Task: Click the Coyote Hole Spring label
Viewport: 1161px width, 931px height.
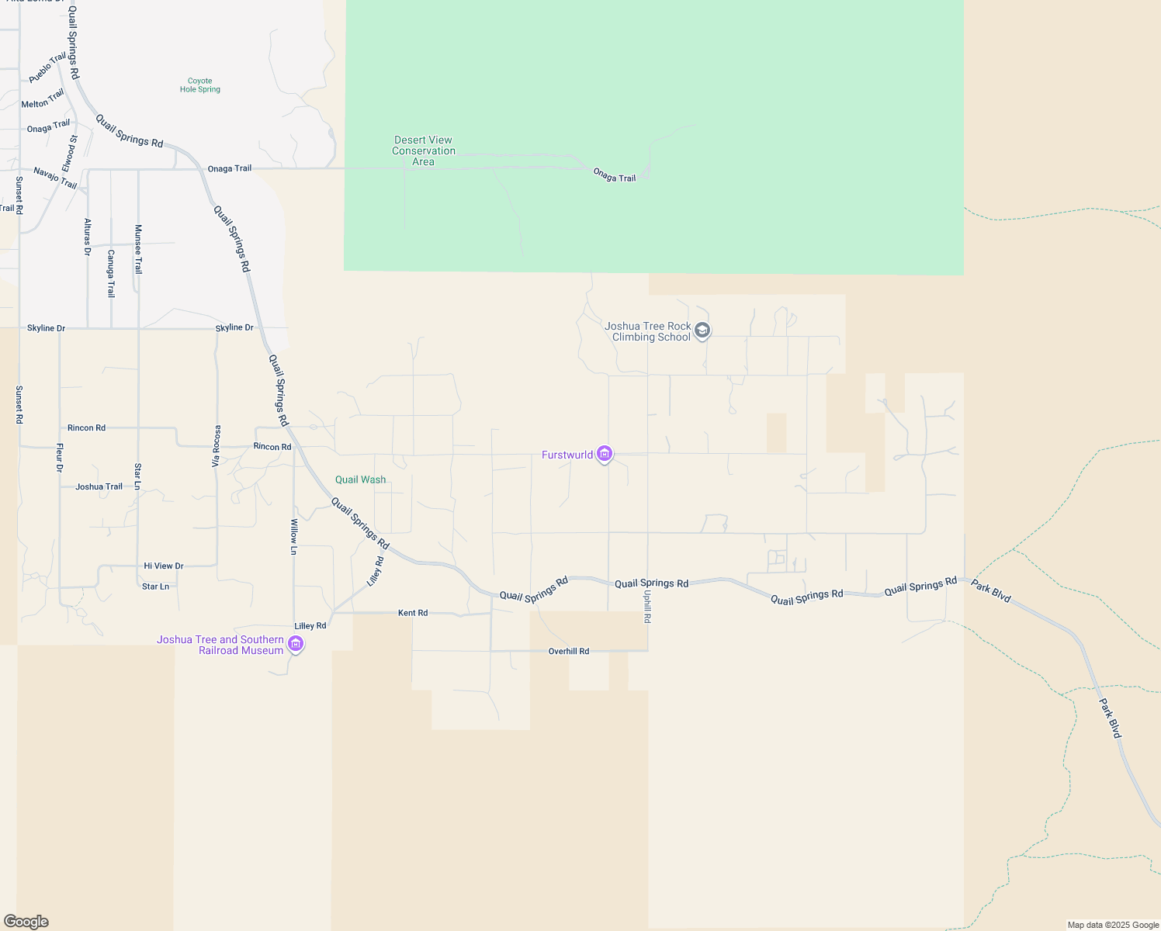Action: pyautogui.click(x=199, y=85)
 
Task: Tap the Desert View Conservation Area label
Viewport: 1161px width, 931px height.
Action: pyautogui.click(x=423, y=151)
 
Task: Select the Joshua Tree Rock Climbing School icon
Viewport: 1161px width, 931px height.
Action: pyautogui.click(x=702, y=331)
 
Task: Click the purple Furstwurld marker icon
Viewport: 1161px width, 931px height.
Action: pyautogui.click(x=605, y=454)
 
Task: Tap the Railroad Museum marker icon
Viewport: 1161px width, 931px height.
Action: pyautogui.click(x=295, y=644)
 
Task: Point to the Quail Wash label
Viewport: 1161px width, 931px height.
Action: pyautogui.click(x=360, y=479)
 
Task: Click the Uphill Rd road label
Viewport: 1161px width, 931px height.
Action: pyautogui.click(x=646, y=606)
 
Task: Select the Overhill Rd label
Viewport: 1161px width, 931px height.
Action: pyautogui.click(x=569, y=651)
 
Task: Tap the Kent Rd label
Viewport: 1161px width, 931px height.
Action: pyautogui.click(x=413, y=613)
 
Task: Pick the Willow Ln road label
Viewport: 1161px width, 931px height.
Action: pyautogui.click(x=294, y=537)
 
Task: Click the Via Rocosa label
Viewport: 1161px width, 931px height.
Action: pyautogui.click(x=217, y=446)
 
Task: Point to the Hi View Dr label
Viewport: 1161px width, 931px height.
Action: pyautogui.click(x=164, y=566)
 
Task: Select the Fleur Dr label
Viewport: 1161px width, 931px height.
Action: pyautogui.click(x=60, y=458)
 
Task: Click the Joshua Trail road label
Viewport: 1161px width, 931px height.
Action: pyautogui.click(x=99, y=487)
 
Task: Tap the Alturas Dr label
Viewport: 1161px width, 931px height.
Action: pyautogui.click(x=88, y=237)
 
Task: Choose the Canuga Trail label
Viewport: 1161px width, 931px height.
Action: pyautogui.click(x=111, y=273)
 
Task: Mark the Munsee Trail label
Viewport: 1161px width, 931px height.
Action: pyautogui.click(x=138, y=249)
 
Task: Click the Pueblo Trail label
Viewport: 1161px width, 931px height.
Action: pyautogui.click(x=47, y=68)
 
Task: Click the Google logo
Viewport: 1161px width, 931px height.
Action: pyautogui.click(x=26, y=922)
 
